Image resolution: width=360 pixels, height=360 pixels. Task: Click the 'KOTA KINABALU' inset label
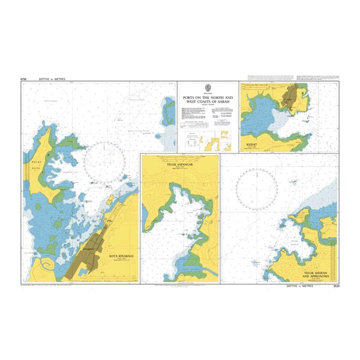click(x=122, y=257)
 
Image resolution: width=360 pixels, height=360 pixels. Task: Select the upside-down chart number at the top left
click(x=23, y=79)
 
